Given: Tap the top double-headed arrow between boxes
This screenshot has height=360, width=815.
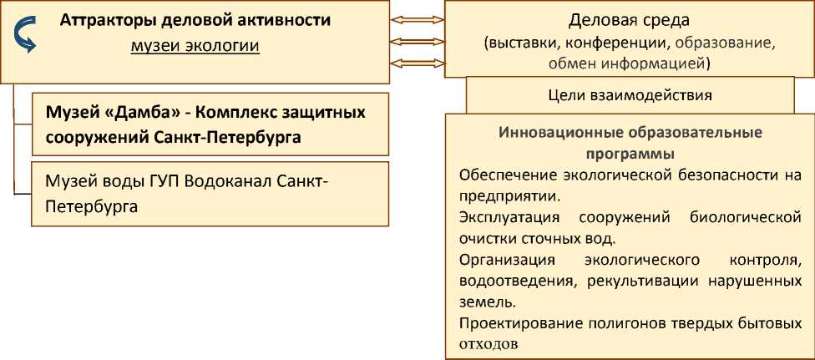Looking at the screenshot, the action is pyautogui.click(x=417, y=19).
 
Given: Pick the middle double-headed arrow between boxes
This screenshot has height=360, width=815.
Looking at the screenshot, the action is pyautogui.click(x=417, y=41).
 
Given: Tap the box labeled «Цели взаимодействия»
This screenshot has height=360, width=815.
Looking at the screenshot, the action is pyautogui.click(x=630, y=94).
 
